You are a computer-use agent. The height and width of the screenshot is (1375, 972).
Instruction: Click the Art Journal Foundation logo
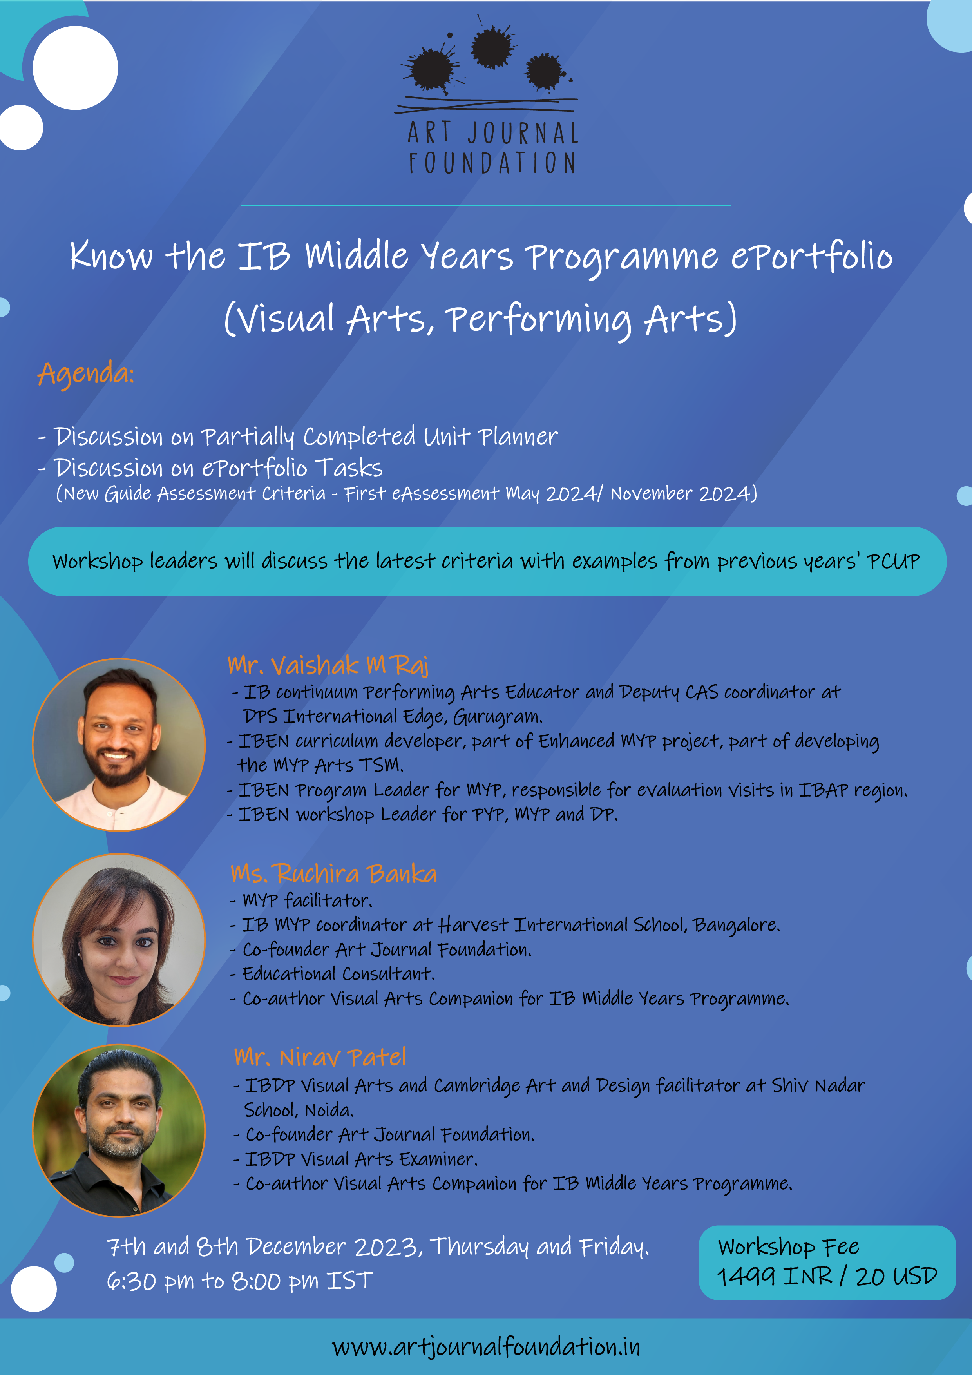[486, 96]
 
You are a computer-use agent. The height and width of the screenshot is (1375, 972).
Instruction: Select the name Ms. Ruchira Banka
[333, 874]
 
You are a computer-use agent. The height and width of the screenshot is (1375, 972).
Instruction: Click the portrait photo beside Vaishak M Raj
[119, 745]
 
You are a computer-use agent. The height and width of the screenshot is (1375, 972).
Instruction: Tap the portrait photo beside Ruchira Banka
[119, 940]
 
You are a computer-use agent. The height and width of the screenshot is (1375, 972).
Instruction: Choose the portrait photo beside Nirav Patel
[119, 1130]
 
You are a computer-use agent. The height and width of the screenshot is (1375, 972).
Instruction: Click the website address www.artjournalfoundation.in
[486, 1348]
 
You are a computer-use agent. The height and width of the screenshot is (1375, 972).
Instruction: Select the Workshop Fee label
[789, 1247]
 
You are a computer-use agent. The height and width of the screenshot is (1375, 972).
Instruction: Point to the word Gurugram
[498, 716]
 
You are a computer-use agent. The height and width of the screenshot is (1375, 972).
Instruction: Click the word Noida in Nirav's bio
[329, 1110]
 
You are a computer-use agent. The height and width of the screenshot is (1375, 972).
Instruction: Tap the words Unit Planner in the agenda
[491, 436]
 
